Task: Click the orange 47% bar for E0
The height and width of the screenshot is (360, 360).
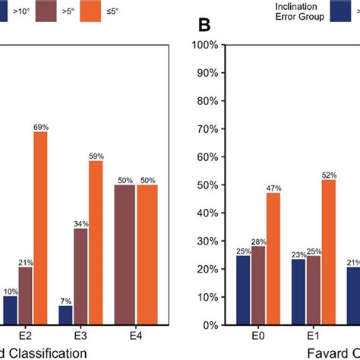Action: [272, 258]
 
